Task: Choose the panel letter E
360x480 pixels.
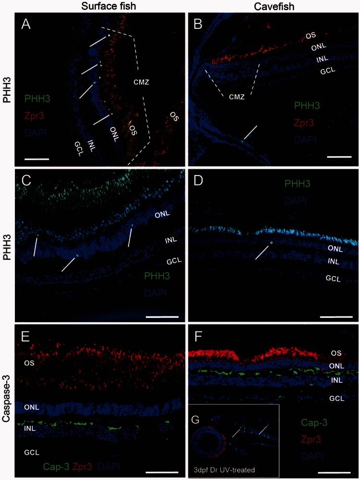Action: (26, 336)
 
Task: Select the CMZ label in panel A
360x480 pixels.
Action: (142, 82)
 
